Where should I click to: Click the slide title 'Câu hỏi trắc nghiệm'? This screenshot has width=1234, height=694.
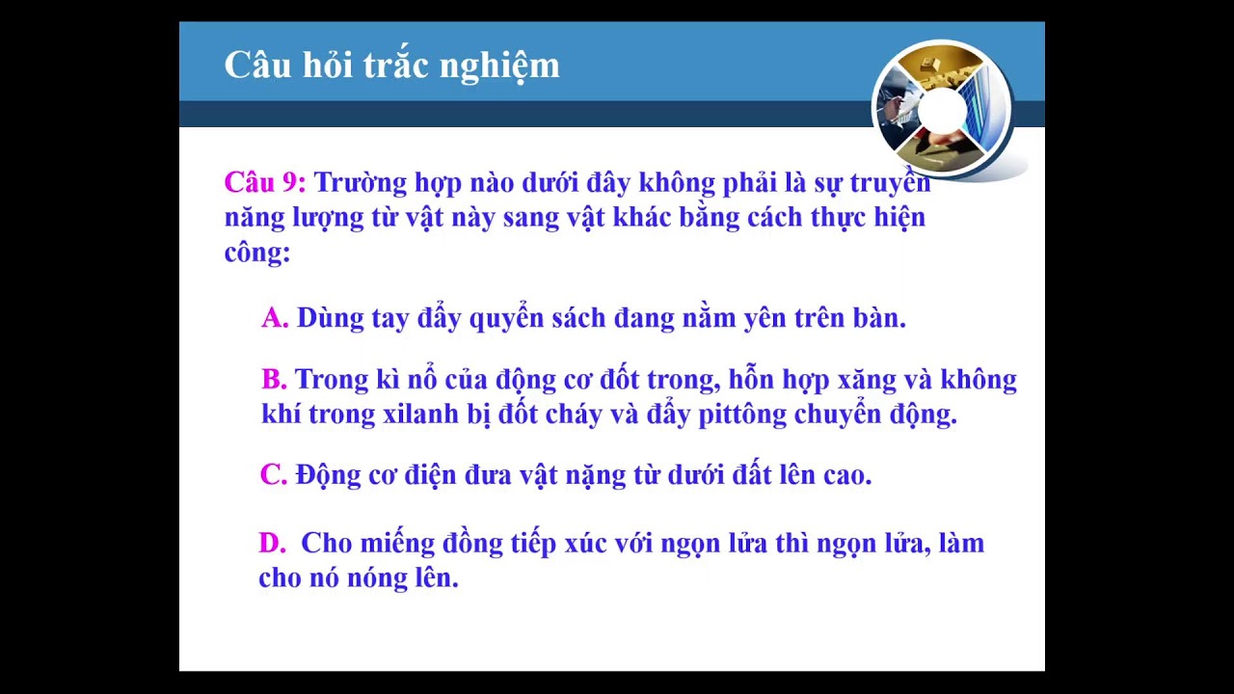(x=391, y=66)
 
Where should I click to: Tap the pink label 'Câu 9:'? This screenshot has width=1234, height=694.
(x=265, y=182)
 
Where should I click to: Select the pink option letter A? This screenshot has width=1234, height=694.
(x=275, y=318)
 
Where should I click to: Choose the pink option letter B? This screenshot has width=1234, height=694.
(x=274, y=380)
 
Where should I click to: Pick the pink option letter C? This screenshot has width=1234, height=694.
(x=274, y=475)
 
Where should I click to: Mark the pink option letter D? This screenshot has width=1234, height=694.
(x=272, y=544)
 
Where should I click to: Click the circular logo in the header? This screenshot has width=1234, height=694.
(x=942, y=112)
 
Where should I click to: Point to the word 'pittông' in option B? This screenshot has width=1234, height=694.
(x=742, y=414)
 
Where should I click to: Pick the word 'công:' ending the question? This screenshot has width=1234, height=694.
(x=257, y=253)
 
